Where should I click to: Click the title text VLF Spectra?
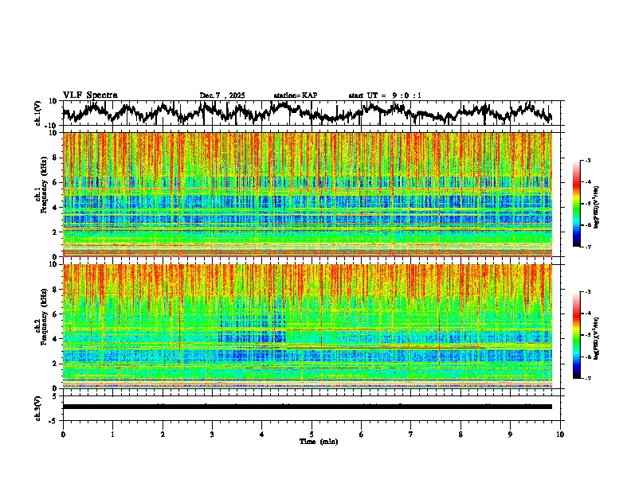(x=90, y=95)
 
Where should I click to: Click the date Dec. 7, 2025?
(x=222, y=95)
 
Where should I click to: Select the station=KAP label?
(x=296, y=95)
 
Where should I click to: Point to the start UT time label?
(x=385, y=95)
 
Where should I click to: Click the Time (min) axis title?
(x=318, y=441)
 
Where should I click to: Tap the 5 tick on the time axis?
(x=312, y=434)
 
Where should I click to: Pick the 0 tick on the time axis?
(x=63, y=434)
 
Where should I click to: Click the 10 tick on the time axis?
(x=560, y=434)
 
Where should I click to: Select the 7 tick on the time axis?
(x=411, y=434)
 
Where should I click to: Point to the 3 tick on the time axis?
(x=212, y=434)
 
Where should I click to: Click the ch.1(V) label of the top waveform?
(x=39, y=113)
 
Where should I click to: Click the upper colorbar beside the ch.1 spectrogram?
(x=584, y=204)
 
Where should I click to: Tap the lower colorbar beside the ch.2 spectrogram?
(x=584, y=335)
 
